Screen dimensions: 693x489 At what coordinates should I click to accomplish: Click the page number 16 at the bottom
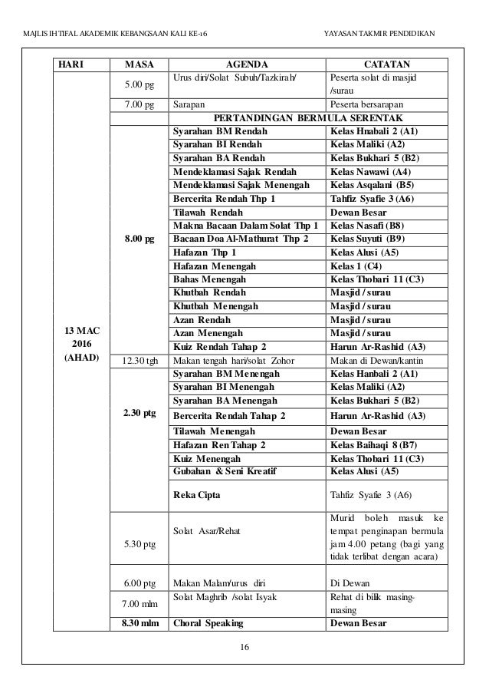pos(244,647)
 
